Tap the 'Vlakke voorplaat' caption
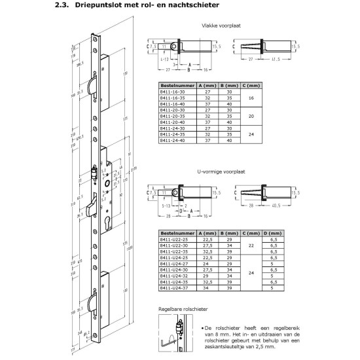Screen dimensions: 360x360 221,26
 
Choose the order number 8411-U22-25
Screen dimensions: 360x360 174,240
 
